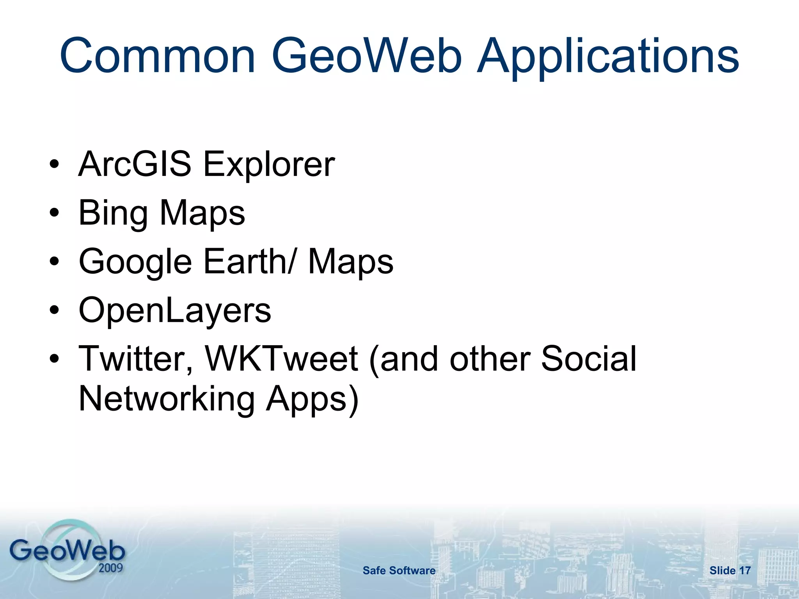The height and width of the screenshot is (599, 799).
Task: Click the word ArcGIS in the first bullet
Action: [x=135, y=164]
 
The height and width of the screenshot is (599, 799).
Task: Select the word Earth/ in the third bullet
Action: [x=250, y=261]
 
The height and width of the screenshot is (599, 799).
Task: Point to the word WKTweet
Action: [x=281, y=359]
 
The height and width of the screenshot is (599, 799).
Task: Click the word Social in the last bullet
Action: [x=588, y=359]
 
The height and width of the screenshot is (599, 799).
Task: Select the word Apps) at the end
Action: [x=312, y=400]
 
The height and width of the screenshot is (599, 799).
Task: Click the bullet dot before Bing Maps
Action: [x=54, y=213]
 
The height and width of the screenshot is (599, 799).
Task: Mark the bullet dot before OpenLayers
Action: [x=54, y=310]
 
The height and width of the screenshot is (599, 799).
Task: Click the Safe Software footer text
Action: [x=399, y=571]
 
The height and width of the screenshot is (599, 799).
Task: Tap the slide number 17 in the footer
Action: [x=745, y=571]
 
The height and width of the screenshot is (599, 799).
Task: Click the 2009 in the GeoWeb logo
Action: [x=110, y=567]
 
